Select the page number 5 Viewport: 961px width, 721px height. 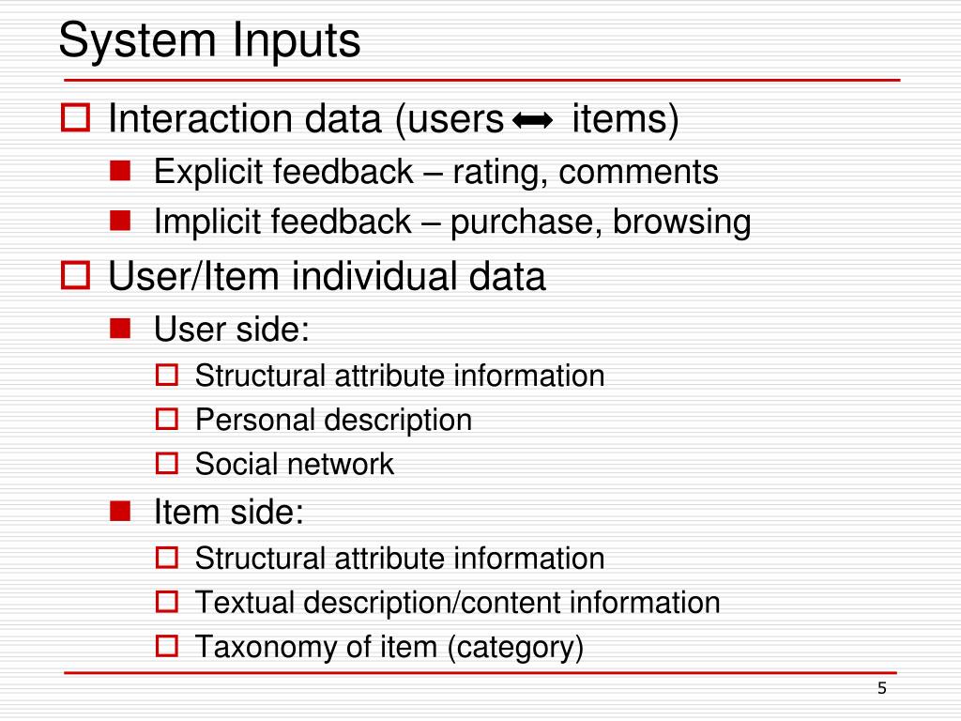881,689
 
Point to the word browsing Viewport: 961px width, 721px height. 682,222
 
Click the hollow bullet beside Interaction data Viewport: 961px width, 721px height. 76,119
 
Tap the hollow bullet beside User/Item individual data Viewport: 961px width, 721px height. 76,276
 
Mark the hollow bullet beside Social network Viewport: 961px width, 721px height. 167,463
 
